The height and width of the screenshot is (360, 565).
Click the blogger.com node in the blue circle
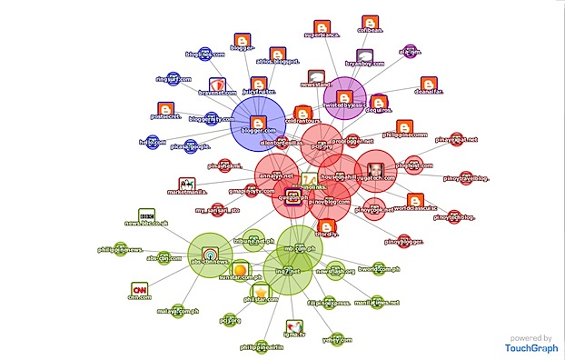pos(257,125)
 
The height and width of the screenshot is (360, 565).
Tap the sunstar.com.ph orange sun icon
pos(240,270)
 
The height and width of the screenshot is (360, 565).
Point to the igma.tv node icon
pos(293,328)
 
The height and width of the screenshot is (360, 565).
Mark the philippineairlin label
pos(267,347)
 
